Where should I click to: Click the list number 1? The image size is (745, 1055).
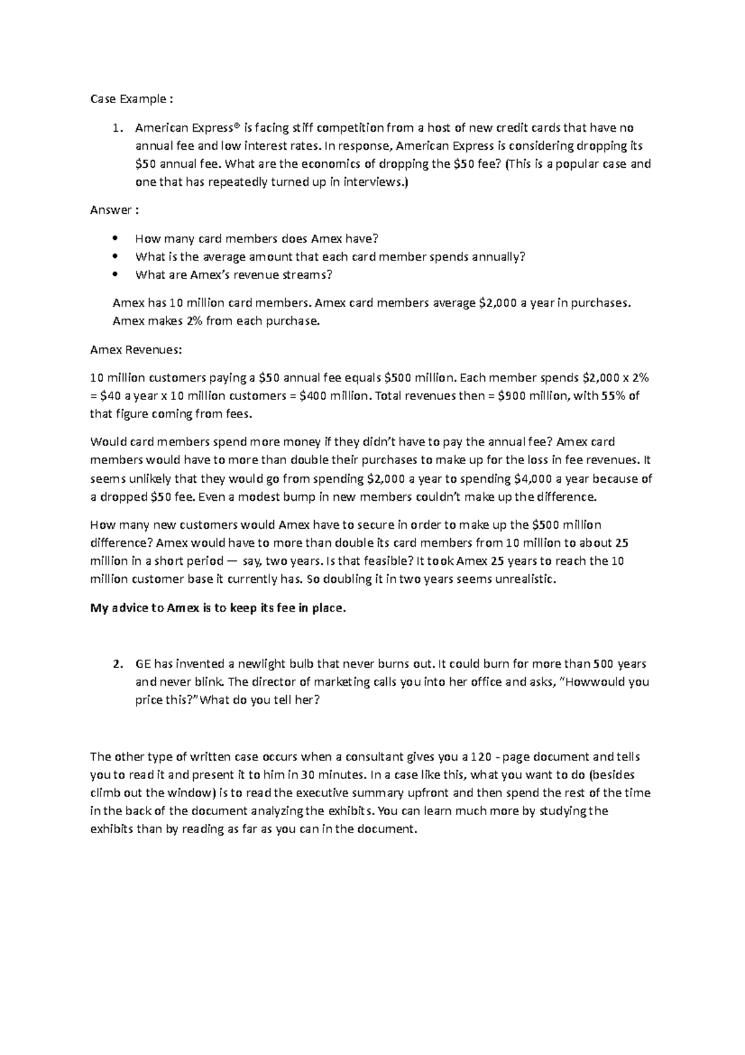pos(115,128)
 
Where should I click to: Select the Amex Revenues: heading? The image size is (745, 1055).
pos(137,350)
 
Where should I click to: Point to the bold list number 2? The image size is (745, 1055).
pos(116,664)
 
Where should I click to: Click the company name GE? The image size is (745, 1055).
pos(143,664)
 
